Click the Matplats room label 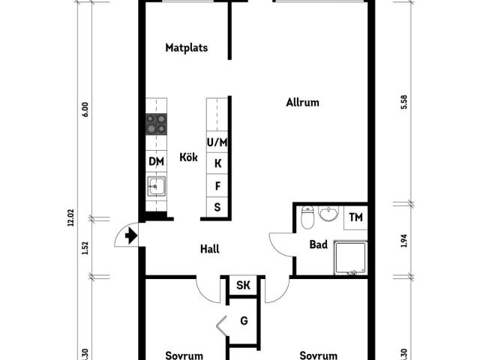[x=187, y=48]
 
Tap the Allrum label [x=302, y=102]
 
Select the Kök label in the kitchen [x=188, y=157]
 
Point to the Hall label [x=210, y=249]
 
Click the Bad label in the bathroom [x=318, y=244]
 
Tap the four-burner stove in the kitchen [x=156, y=124]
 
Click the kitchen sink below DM [x=157, y=186]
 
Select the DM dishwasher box [x=156, y=161]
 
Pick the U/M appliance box [x=217, y=142]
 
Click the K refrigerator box [x=217, y=163]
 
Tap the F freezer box [x=217, y=185]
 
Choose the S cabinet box [x=217, y=208]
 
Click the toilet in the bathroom [x=307, y=217]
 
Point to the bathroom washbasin [x=328, y=213]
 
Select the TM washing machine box [x=355, y=217]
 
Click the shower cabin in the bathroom [x=350, y=258]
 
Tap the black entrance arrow [x=131, y=236]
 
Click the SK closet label [x=243, y=285]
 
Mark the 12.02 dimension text [x=70, y=217]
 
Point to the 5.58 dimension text [x=404, y=102]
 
